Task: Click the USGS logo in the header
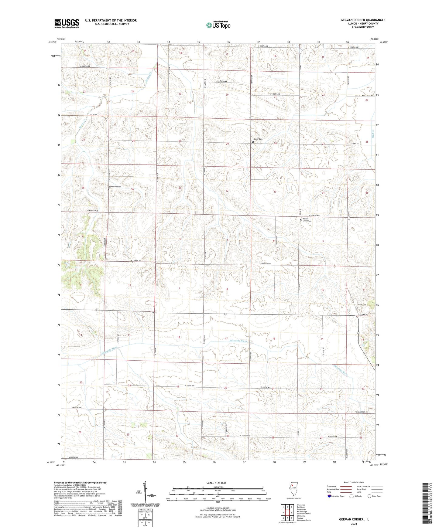click(x=67, y=23)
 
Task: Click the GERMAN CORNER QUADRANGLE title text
click(x=363, y=20)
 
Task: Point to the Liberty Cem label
click(x=257, y=139)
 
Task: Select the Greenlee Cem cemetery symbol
click(x=110, y=189)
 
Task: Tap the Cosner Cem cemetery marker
click(x=357, y=307)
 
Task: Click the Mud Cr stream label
click(x=374, y=133)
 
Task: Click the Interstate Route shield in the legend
click(x=329, y=505)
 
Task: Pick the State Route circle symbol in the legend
click(x=369, y=505)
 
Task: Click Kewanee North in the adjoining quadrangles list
click(x=304, y=514)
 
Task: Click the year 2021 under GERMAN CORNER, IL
click(x=353, y=524)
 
